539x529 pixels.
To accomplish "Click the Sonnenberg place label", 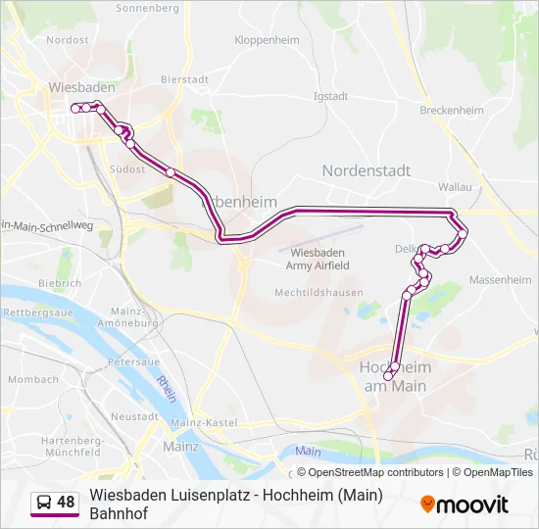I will click(147, 8).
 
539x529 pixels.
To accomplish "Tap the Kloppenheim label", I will click(267, 40).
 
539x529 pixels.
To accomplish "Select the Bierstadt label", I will click(185, 79).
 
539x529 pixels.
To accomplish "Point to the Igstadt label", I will click(330, 96).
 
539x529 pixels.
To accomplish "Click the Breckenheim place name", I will click(452, 111).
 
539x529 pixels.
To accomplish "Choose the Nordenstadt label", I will click(367, 170).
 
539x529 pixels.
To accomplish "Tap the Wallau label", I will click(456, 186).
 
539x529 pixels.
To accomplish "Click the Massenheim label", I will click(500, 279).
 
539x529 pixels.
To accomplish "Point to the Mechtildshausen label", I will click(318, 293).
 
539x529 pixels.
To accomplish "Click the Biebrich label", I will click(60, 283).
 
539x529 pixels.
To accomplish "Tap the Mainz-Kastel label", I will click(204, 421).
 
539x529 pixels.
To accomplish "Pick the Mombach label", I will click(33, 379).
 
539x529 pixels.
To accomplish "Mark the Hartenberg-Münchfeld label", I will click(72, 447).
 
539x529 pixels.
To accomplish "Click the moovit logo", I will click(465, 505).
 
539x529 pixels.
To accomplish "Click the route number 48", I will click(66, 503).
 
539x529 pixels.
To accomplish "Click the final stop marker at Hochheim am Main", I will click(390, 377).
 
